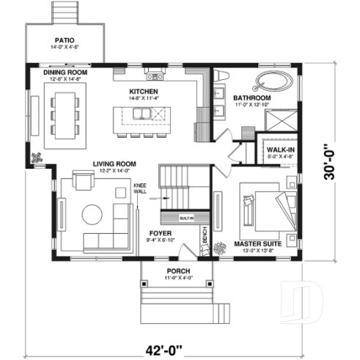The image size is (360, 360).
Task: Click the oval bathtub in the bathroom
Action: pyautogui.click(x=274, y=81)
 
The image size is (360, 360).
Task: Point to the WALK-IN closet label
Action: pyautogui.click(x=278, y=149)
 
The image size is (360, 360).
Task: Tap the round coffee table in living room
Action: pyautogui.click(x=92, y=214)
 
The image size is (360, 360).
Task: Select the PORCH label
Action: pyautogui.click(x=177, y=271)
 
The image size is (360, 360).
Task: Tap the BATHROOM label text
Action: pyautogui.click(x=252, y=98)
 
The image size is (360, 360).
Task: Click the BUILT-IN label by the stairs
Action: pyautogui.click(x=186, y=218)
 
